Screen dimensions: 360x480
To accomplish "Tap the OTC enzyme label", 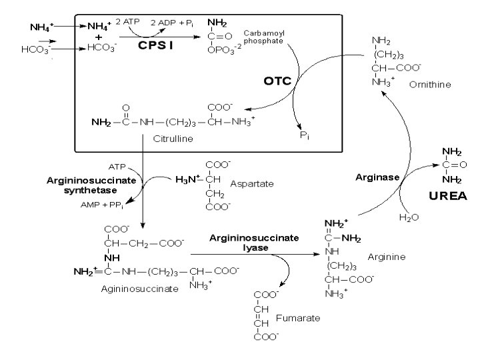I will (x=277, y=81).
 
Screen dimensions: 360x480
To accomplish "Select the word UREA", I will (x=447, y=196).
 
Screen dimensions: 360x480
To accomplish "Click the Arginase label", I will (x=377, y=177).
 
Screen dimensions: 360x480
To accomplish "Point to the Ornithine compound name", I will (x=430, y=85).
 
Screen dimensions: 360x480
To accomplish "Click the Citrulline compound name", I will (x=173, y=139).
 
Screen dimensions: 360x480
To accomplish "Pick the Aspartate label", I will (x=252, y=183).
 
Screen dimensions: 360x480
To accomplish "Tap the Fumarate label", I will (x=298, y=317).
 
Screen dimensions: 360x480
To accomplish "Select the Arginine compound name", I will (x=387, y=257).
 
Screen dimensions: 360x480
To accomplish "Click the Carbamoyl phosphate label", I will (x=263, y=36).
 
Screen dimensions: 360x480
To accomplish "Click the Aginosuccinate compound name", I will (x=139, y=289).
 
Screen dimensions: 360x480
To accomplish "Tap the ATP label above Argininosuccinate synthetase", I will (x=117, y=166).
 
